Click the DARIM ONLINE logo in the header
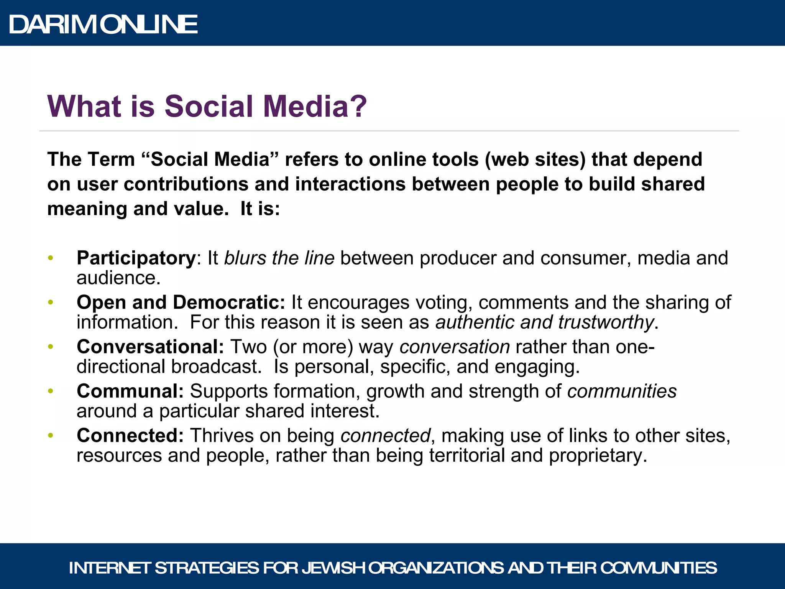point(103,25)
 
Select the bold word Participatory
point(136,258)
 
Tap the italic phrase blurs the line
point(279,258)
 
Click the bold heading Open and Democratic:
point(181,303)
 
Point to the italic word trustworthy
point(606,322)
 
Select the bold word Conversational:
point(150,347)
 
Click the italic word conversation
point(455,347)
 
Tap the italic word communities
point(622,392)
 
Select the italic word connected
point(385,436)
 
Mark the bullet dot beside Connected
point(51,436)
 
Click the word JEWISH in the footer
point(333,568)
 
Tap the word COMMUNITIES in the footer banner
point(658,568)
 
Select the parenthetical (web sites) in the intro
point(535,160)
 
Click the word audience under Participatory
point(117,278)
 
